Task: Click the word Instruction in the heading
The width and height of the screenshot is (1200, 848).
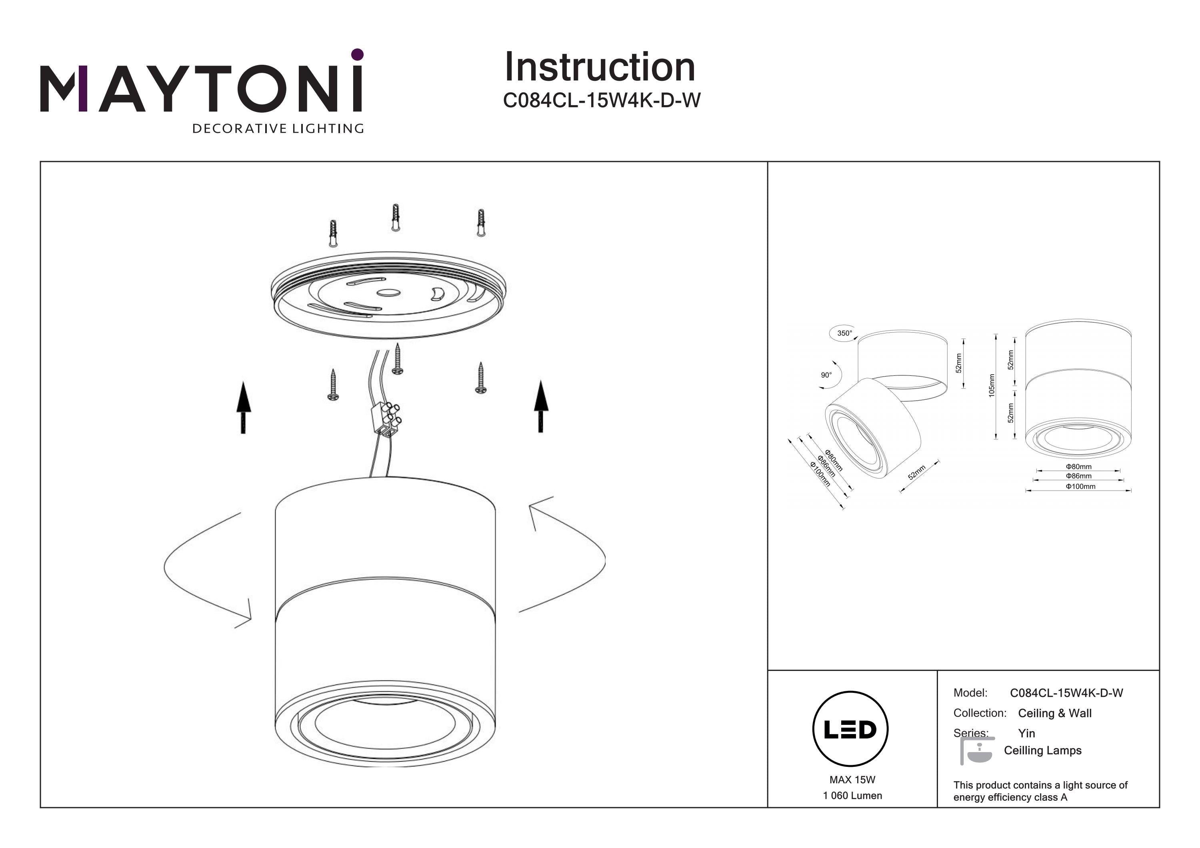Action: [600, 68]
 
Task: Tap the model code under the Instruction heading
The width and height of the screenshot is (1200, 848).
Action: [601, 100]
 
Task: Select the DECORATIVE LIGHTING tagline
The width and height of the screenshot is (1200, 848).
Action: [278, 128]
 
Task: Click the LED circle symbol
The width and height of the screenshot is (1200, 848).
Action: [850, 729]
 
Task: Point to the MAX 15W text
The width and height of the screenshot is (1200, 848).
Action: [852, 780]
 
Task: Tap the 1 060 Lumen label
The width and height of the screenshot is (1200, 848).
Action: [852, 795]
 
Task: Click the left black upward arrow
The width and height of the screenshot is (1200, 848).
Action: [244, 407]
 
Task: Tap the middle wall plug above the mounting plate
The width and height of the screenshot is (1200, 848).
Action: [396, 217]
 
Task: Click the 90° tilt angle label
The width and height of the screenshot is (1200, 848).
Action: [826, 375]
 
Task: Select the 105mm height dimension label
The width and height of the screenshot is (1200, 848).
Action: [992, 385]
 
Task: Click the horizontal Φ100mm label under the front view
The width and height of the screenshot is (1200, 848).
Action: [1080, 487]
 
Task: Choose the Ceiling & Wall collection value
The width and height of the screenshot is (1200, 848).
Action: [1054, 713]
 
